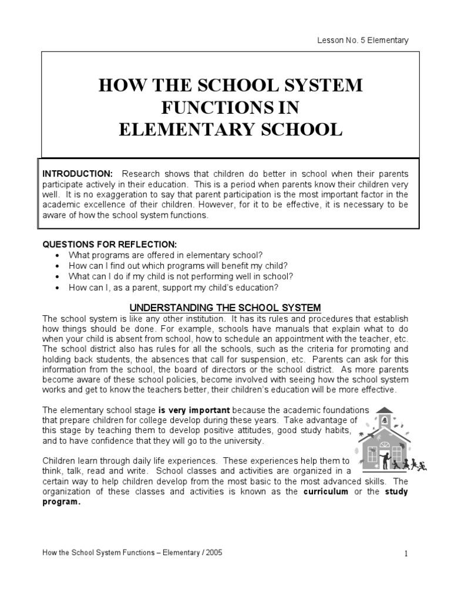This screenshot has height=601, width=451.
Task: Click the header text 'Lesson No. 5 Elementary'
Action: [x=363, y=40]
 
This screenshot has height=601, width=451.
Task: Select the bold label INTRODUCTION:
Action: [x=77, y=174]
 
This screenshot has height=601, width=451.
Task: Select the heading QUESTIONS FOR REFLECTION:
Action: [x=109, y=244]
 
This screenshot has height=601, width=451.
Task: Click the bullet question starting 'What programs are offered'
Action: [x=166, y=255]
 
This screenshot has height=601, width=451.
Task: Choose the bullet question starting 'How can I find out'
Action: [x=178, y=265]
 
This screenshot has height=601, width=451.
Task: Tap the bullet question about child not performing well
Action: [x=180, y=276]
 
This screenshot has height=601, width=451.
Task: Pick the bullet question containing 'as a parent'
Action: [x=173, y=287]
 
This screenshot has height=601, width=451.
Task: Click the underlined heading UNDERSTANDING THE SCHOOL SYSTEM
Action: [x=225, y=307]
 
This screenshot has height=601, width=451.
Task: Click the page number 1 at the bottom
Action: [x=405, y=554]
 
